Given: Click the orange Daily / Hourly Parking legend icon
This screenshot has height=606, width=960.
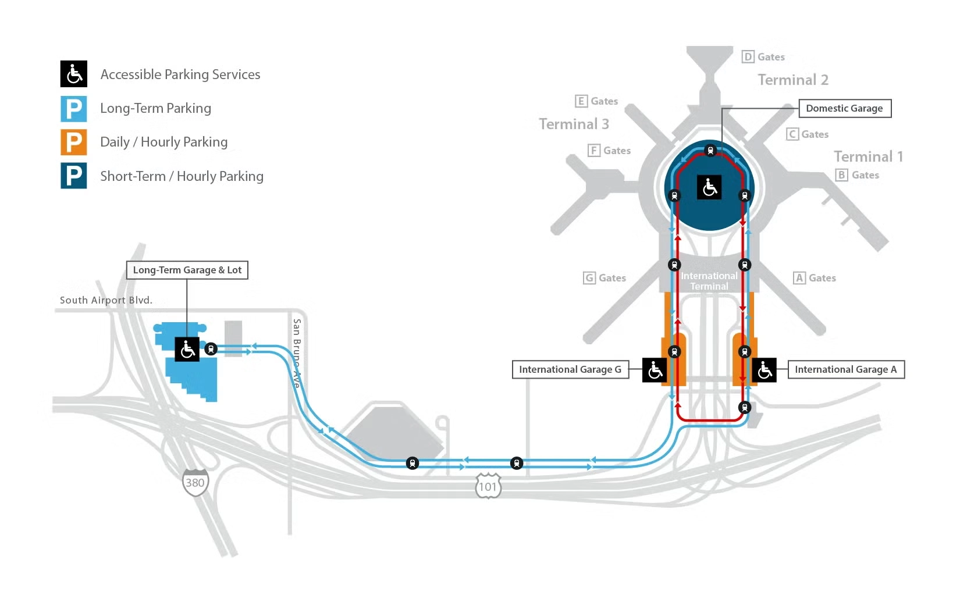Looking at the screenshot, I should (74, 142).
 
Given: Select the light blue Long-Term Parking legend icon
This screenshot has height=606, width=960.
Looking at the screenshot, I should (74, 109).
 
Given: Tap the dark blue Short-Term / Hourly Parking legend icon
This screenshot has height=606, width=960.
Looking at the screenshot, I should (74, 176).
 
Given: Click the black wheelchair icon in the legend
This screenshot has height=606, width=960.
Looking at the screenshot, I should (74, 74).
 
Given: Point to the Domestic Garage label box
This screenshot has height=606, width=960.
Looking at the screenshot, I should (844, 108).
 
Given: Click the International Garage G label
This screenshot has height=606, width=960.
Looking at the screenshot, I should (570, 369).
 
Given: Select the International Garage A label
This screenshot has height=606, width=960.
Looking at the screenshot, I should (845, 369).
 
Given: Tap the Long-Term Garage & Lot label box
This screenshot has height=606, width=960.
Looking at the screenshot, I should (187, 270).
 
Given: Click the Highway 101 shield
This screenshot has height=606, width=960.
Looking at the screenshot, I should (488, 486).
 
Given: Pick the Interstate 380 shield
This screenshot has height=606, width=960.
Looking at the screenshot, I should (195, 482).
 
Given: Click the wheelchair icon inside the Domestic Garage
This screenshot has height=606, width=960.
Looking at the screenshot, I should (709, 187).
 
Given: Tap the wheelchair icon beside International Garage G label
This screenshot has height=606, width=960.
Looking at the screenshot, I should (655, 370).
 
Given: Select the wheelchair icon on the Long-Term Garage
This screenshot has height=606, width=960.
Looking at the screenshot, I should (187, 349).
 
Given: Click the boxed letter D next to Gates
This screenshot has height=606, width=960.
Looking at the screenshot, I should (748, 57).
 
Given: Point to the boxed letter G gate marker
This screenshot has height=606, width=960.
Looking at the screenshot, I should (589, 278).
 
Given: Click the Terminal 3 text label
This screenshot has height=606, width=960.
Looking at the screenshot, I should (574, 124).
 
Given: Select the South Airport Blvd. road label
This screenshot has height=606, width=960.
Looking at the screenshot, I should (106, 300).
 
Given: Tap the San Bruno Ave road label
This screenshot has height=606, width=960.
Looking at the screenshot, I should (297, 353).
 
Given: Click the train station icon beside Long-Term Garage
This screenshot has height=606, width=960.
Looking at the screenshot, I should (211, 349).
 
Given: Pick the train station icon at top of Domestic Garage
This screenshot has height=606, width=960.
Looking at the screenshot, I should (710, 151).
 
